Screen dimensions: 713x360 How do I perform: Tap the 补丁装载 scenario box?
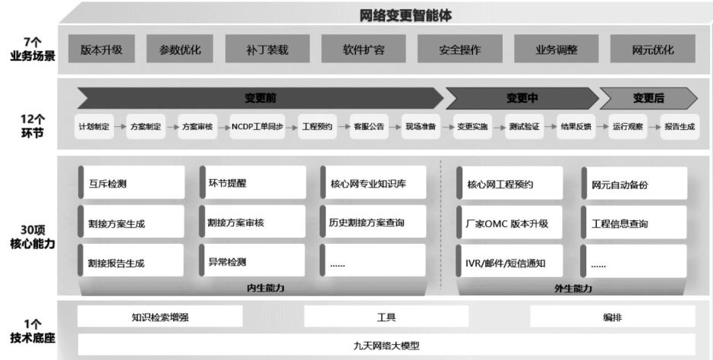point(267,50)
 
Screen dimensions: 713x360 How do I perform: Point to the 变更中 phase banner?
point(522,98)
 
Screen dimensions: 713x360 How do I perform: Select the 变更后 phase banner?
point(648,98)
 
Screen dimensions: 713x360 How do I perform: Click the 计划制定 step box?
point(93,127)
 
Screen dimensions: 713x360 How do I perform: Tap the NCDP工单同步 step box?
point(257,127)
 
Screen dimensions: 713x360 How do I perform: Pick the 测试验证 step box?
point(524,127)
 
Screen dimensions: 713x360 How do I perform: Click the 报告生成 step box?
point(679,127)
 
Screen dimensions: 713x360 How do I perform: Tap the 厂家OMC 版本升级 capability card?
point(510,223)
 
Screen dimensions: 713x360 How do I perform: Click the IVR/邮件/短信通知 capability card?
point(510,263)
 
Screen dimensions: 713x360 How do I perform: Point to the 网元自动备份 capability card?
point(634,184)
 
